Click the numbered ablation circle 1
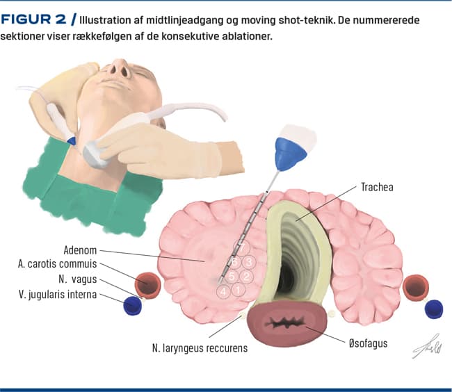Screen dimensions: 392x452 pos(238,290)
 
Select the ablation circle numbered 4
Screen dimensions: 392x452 pos(223,291)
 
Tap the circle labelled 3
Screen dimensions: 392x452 pos(248,262)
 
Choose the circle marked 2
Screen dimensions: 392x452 pos(246,277)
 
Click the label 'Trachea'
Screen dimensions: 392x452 pos(378,187)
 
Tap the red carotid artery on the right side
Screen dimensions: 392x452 pos(416,286)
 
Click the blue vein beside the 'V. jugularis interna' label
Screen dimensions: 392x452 pos(132,305)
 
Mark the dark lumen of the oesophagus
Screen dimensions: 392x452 pos(285,325)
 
